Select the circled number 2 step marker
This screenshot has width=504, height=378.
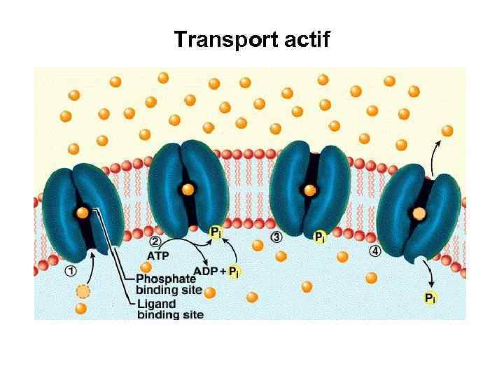tap(156, 241)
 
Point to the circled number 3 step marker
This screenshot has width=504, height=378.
tap(277, 237)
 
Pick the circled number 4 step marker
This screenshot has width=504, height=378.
tap(375, 251)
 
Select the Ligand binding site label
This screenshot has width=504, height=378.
tap(169, 309)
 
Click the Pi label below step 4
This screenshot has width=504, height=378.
tap(430, 298)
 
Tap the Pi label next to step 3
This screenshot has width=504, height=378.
tap(319, 237)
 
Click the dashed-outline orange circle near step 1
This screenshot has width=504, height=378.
tap(83, 291)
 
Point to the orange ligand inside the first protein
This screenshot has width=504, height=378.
tap(83, 211)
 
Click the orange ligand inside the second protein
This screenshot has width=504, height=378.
tap(188, 188)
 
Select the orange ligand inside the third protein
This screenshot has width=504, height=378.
tap(309, 189)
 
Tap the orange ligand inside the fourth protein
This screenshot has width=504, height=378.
tap(419, 212)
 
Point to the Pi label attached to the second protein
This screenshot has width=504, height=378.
tap(217, 231)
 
